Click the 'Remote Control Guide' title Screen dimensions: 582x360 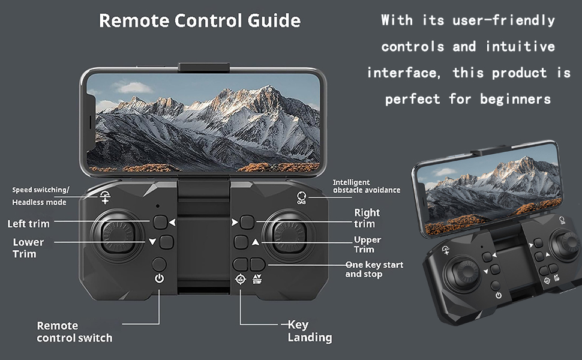[x=200, y=21]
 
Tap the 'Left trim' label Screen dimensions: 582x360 [x=28, y=224]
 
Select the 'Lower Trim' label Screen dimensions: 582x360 [x=28, y=248]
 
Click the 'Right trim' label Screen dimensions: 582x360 [x=366, y=218]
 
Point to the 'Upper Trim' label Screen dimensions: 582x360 [x=367, y=245]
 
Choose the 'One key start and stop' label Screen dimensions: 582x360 [x=374, y=269]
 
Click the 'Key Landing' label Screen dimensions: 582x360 [x=309, y=331]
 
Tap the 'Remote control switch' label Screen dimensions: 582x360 [x=74, y=332]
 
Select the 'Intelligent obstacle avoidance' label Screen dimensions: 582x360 [x=366, y=186]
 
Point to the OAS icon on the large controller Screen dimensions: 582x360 [x=301, y=197]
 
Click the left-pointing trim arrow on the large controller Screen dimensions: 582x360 [x=172, y=223]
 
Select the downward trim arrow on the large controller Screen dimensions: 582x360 [x=152, y=242]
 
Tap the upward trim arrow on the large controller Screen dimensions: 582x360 [x=256, y=242]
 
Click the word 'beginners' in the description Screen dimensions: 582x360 [x=515, y=99]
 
